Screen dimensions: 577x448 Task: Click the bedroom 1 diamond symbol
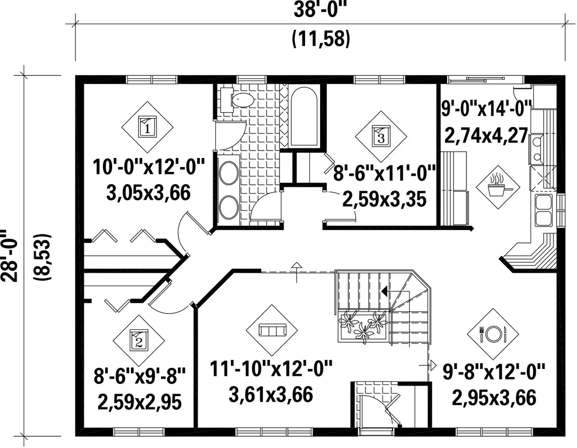point(147,128)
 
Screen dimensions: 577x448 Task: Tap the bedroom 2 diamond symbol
point(139,341)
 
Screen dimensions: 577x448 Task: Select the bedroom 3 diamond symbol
point(381,137)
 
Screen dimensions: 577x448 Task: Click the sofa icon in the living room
point(272,330)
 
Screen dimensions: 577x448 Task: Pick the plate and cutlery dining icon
point(493,334)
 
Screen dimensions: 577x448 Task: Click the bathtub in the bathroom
point(303,117)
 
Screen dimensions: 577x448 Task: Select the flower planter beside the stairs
point(362,326)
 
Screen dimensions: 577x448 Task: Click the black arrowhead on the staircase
point(385,292)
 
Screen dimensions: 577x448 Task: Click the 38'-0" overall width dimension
point(320,10)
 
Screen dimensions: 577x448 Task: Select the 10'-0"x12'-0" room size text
point(149,168)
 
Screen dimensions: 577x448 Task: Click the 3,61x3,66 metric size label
point(271,394)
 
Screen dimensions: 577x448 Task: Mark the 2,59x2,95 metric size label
point(139,402)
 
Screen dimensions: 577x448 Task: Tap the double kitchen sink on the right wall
point(543,210)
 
